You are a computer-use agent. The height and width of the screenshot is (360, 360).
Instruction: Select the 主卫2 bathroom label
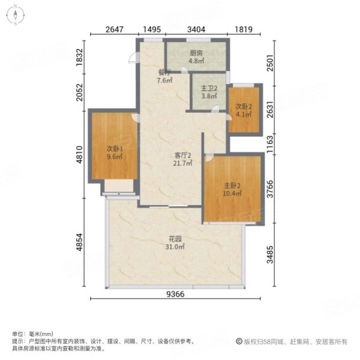(208, 86)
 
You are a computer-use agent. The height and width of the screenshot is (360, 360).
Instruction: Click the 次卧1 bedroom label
(115, 149)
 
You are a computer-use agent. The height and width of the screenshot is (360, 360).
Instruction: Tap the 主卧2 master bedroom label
(232, 185)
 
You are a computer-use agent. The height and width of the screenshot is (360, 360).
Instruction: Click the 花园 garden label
(175, 238)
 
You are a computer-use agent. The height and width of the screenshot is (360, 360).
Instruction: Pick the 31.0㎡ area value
(175, 247)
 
